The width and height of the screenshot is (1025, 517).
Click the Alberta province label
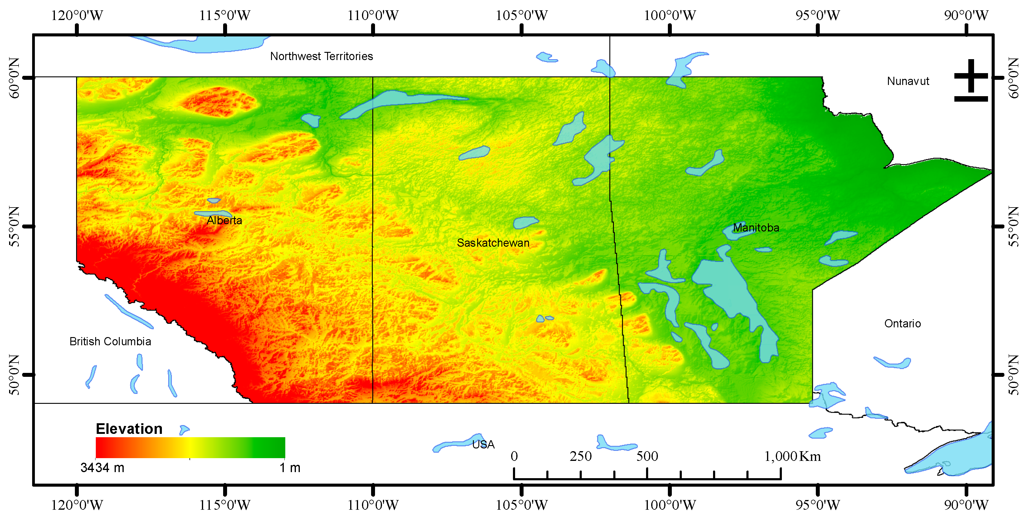224,220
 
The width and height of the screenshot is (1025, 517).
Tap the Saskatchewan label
493,242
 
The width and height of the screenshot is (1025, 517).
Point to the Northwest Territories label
321,56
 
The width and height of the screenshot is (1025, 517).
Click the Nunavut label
908,81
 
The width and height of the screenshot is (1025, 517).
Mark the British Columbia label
110,341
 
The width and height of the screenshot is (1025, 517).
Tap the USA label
483,444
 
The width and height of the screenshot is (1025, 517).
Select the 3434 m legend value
102,467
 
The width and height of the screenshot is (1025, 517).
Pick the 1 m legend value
290,467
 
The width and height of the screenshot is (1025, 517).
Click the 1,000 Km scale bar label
792,456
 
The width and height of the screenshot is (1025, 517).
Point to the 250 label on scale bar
580,456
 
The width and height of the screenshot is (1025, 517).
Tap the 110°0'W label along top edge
373,15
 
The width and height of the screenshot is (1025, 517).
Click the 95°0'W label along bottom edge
817,505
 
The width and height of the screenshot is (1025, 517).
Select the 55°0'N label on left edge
14,226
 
